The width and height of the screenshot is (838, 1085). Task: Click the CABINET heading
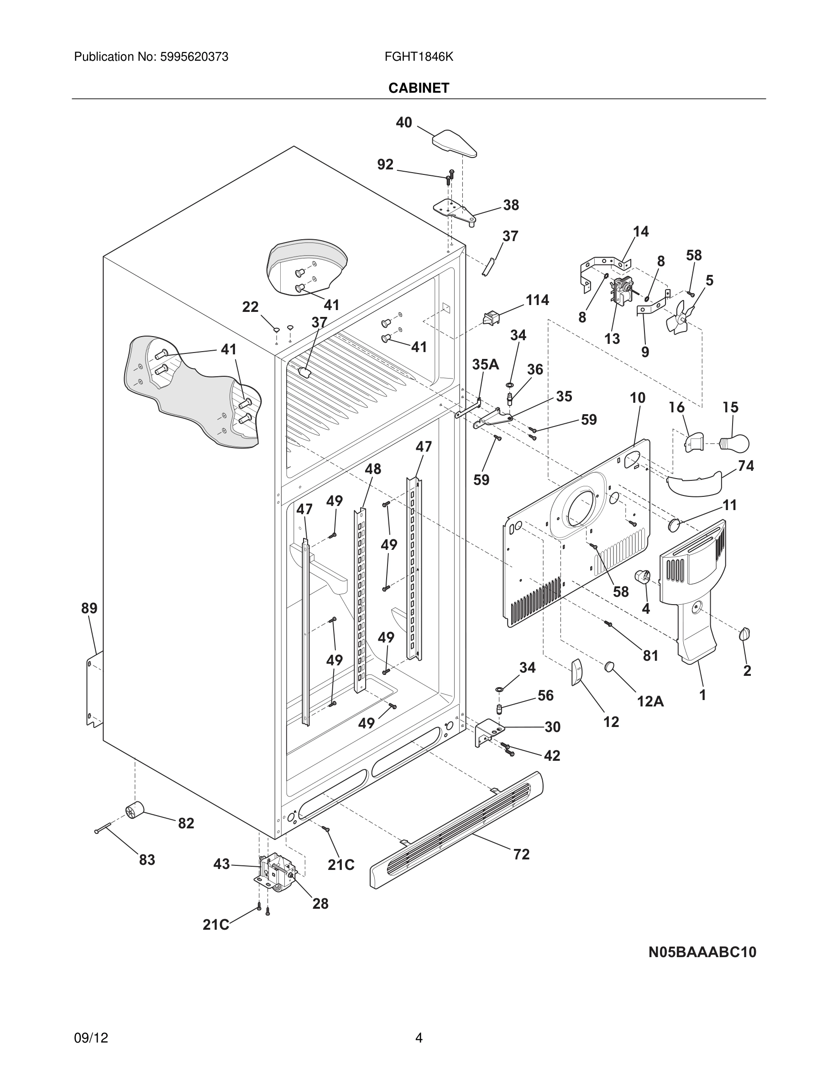click(419, 88)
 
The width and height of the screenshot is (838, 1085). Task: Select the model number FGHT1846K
click(419, 57)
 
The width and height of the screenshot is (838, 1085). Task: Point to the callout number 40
click(403, 122)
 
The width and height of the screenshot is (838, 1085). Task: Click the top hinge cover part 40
click(454, 142)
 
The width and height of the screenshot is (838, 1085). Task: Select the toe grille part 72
click(456, 831)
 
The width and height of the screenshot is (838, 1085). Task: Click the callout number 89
click(89, 608)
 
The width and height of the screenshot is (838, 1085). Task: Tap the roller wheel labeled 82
click(134, 810)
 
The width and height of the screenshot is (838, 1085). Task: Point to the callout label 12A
click(650, 701)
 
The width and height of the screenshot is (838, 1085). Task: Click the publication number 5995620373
click(194, 57)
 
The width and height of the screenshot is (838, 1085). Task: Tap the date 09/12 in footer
click(91, 1038)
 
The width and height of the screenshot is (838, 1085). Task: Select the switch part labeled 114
click(491, 317)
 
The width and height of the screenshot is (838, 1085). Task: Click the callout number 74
click(746, 465)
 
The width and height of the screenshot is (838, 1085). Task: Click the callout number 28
click(320, 903)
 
